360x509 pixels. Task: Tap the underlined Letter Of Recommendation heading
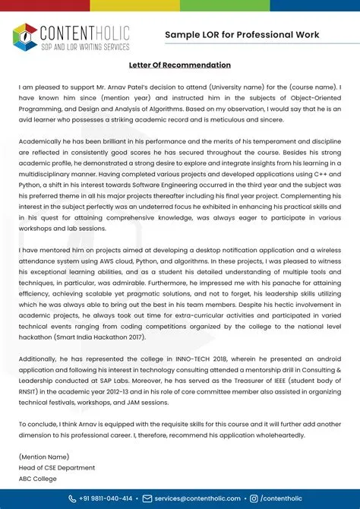tap(179, 65)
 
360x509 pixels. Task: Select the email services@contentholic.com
tap(196, 498)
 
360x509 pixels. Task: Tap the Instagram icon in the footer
tap(253, 498)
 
